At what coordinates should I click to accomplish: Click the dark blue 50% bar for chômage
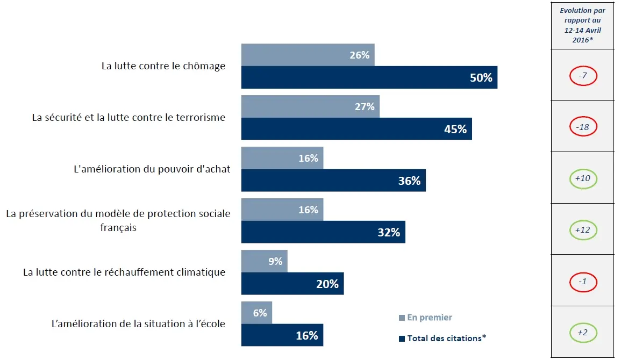369,77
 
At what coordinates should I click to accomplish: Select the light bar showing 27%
310,106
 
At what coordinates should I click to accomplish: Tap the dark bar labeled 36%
333,181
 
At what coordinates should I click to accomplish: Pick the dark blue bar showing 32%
323,232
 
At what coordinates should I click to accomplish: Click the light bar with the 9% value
264,261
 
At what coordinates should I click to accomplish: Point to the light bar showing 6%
256,313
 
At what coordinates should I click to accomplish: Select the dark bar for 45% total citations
356,129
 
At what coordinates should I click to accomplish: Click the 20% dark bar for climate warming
292,284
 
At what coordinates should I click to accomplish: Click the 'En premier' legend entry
425,318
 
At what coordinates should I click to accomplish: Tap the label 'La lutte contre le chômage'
163,66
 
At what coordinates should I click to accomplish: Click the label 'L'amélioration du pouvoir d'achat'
152,169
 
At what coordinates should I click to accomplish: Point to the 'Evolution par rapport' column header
582,25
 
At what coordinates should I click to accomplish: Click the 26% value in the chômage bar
359,55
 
